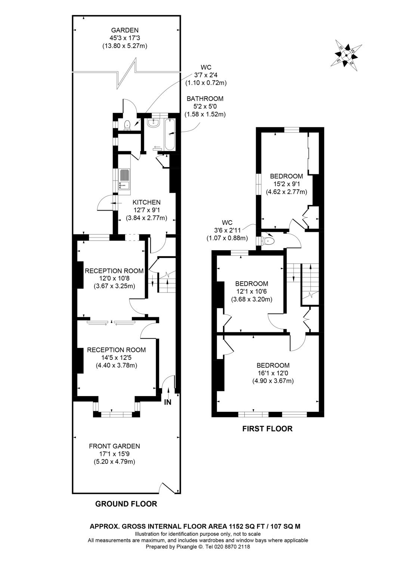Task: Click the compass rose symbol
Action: coord(346,55)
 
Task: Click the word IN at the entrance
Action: coord(168,402)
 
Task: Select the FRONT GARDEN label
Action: coord(114,446)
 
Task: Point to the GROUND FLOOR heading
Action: coord(126,504)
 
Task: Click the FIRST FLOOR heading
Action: coord(267,429)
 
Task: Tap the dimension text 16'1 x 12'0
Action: coord(273,373)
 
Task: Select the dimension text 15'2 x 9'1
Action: coord(286,184)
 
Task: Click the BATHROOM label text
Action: coord(205,99)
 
